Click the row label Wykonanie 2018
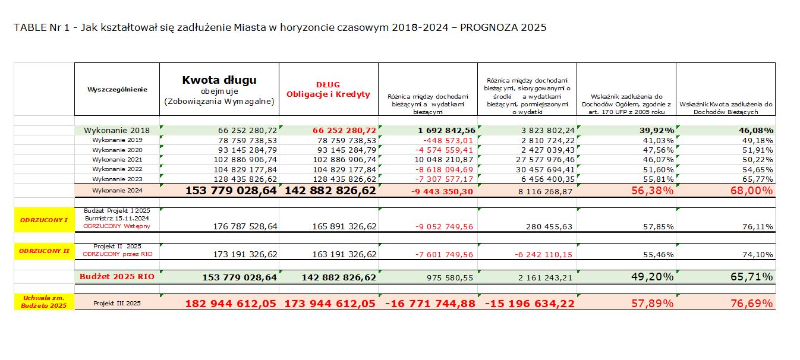point(116,130)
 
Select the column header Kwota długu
point(219,80)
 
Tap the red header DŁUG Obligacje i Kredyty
point(328,89)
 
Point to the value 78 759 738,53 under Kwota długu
point(240,140)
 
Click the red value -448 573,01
point(446,140)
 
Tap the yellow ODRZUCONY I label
point(44,220)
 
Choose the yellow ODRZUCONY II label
point(44,251)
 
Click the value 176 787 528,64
point(245,226)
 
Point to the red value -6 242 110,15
point(543,255)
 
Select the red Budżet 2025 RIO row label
point(116,277)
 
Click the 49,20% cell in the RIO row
point(651,277)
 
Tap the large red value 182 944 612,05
point(231,304)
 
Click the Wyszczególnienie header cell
point(116,89)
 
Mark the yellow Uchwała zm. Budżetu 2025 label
point(44,301)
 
